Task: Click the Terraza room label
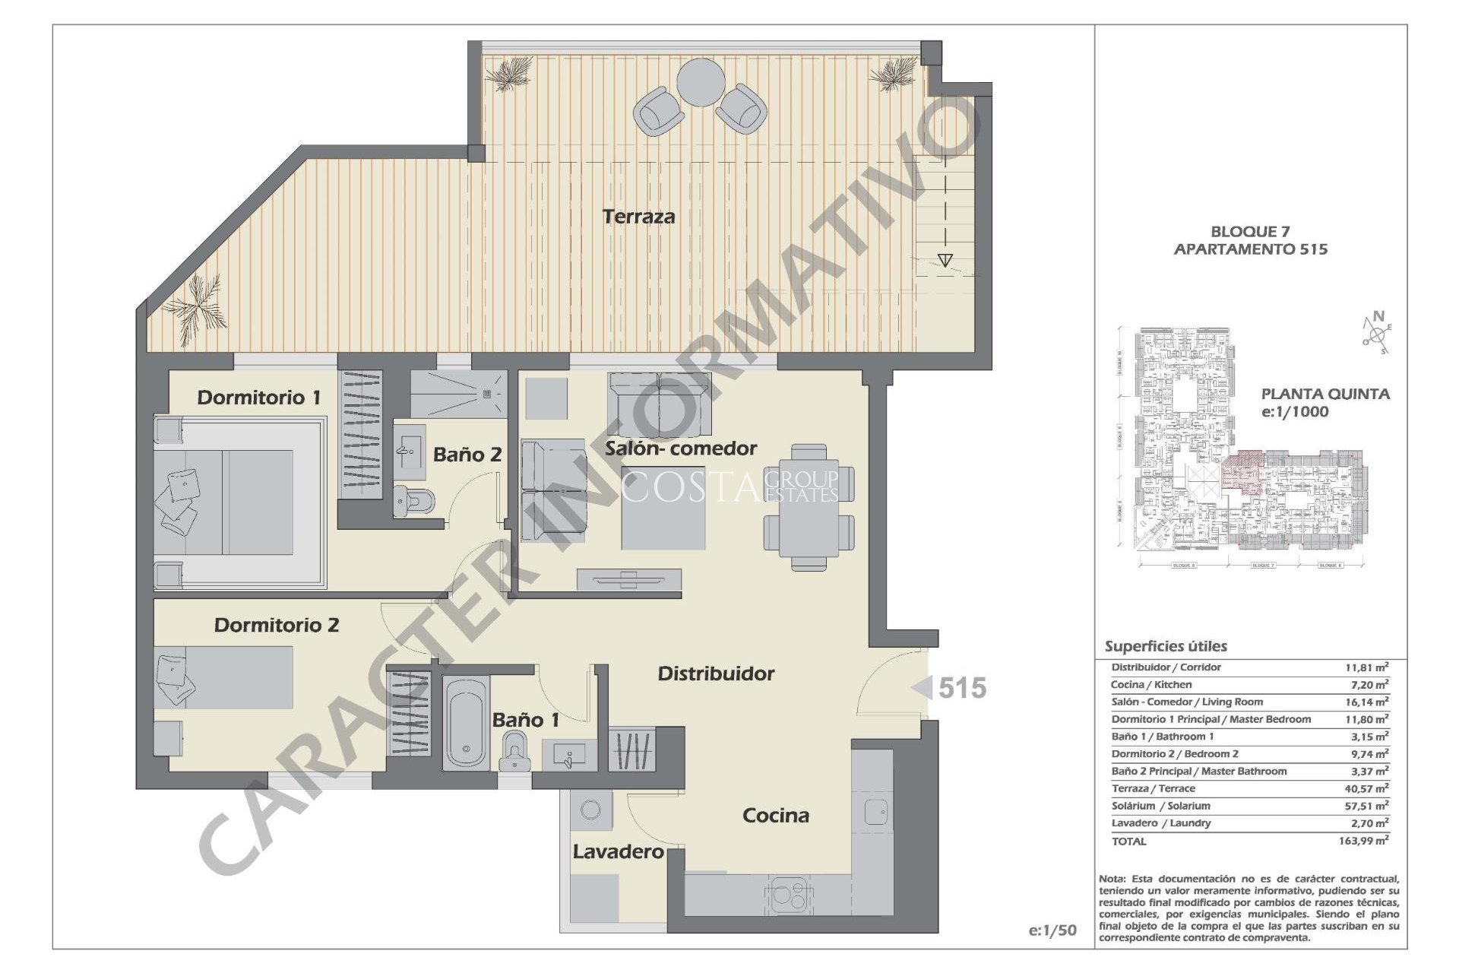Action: point(638,217)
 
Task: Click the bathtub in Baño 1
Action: point(466,721)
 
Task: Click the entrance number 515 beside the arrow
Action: point(962,688)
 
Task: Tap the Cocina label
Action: point(775,816)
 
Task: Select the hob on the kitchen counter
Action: point(788,895)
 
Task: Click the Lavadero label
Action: point(618,852)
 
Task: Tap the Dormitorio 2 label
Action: point(276,625)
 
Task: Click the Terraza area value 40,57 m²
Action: point(1366,789)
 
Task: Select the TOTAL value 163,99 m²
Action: point(1363,841)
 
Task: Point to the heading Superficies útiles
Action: point(1165,647)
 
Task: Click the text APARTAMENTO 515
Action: point(1250,249)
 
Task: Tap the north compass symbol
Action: point(1376,334)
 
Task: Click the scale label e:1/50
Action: point(1052,930)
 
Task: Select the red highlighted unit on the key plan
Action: point(1242,472)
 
